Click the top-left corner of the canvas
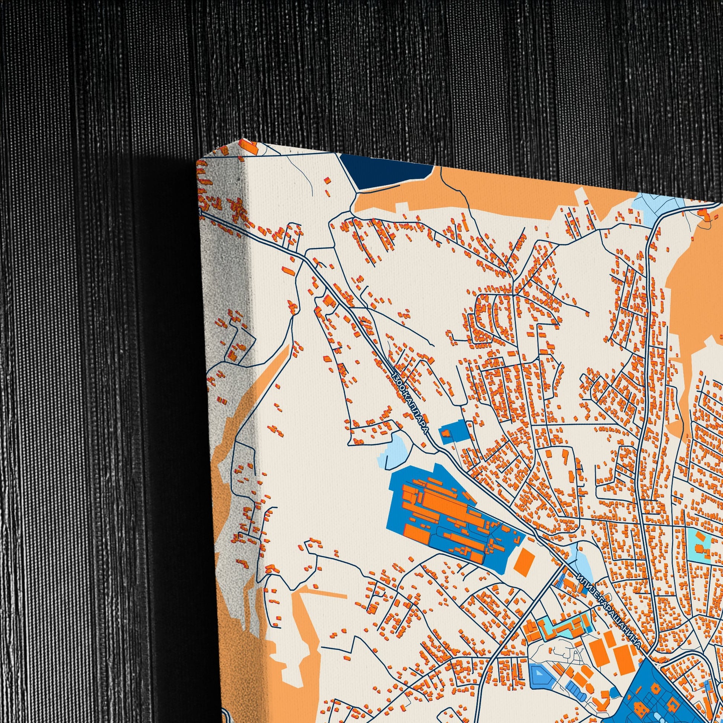[x=197, y=160]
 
